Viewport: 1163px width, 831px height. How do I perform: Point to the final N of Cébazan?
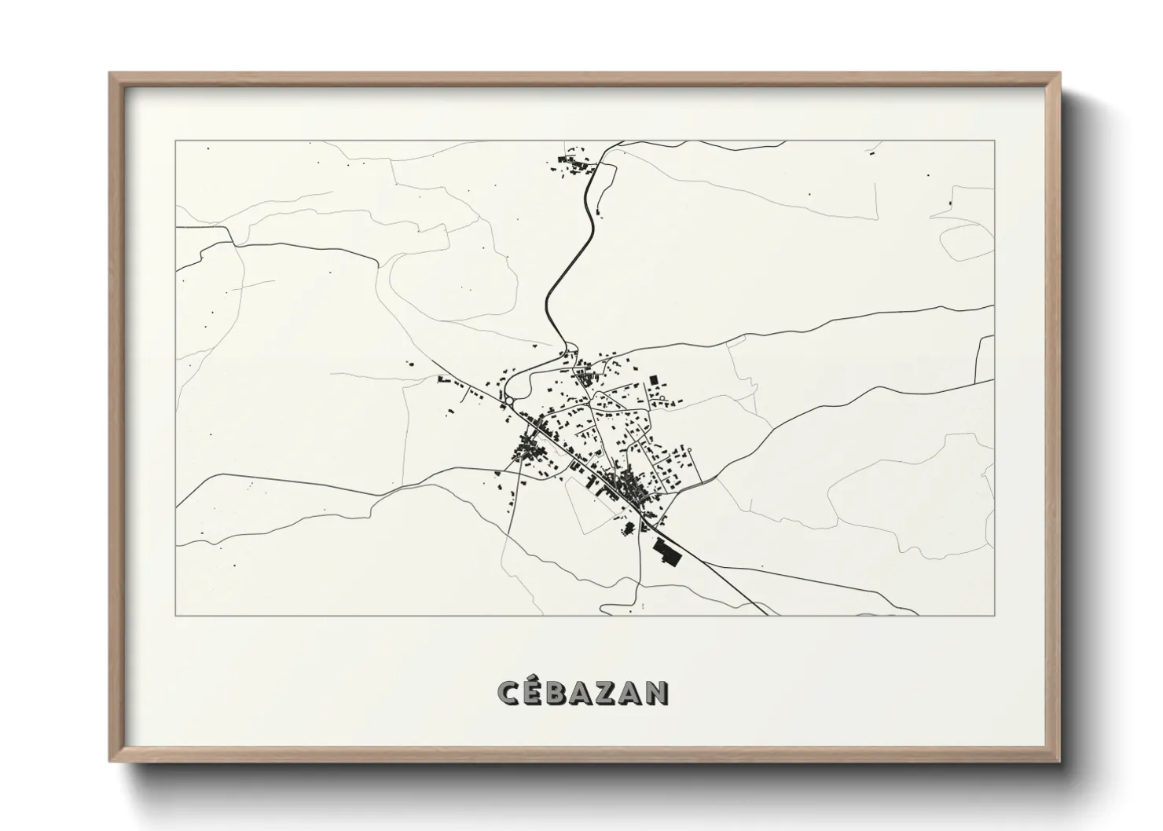click(x=656, y=692)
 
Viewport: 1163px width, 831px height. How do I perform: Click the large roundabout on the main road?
click(x=510, y=401)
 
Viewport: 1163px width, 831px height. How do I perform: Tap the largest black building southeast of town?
click(x=666, y=552)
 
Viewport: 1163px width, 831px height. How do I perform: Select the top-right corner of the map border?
click(x=995, y=141)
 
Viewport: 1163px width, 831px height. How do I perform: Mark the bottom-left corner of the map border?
click(x=176, y=615)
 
